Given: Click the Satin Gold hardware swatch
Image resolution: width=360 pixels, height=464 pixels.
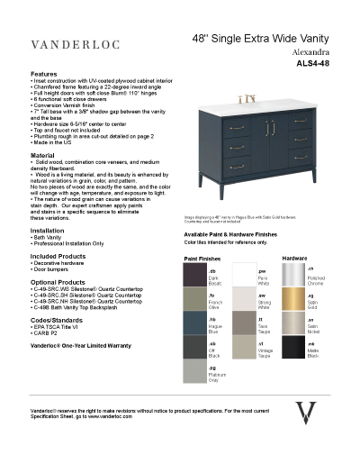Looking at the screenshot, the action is (292, 298).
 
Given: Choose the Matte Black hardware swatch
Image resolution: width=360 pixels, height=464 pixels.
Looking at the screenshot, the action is (292, 347).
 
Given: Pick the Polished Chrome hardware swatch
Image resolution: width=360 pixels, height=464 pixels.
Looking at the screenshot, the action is (292, 274).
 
